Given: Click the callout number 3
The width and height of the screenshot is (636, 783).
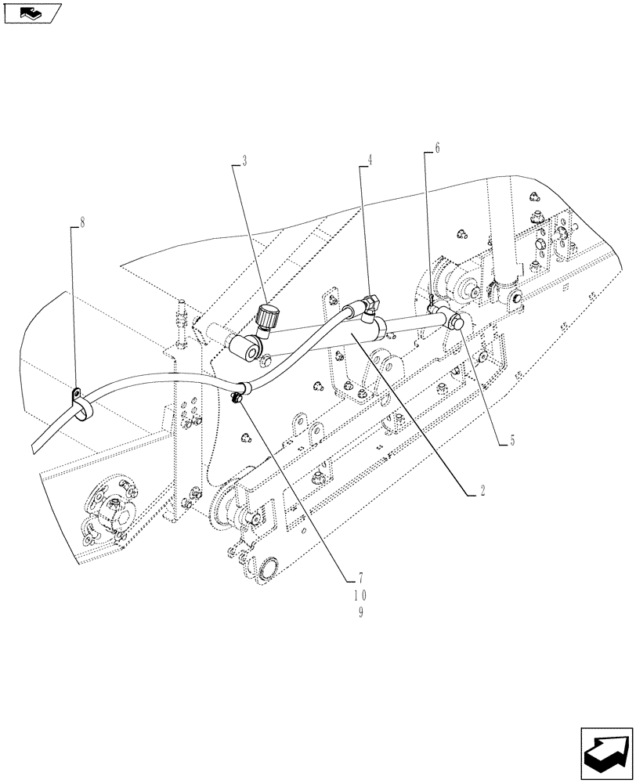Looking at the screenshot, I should [x=244, y=161].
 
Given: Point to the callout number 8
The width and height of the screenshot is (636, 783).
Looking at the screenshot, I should [x=82, y=222].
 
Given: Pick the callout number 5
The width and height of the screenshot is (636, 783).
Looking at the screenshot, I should [x=511, y=441].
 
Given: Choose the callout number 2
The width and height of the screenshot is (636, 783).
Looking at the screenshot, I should [x=482, y=491].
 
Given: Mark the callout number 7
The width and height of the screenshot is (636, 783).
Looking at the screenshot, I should [x=360, y=579].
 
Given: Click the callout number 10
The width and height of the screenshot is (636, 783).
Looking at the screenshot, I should [x=360, y=596].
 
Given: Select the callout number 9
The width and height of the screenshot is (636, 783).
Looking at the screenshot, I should [x=360, y=613].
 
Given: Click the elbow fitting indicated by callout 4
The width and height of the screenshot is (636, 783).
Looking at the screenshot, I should [x=370, y=303].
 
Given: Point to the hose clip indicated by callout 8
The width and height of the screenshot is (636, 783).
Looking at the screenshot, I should [x=80, y=399].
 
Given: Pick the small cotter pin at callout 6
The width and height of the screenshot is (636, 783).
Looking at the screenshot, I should [x=433, y=298].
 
